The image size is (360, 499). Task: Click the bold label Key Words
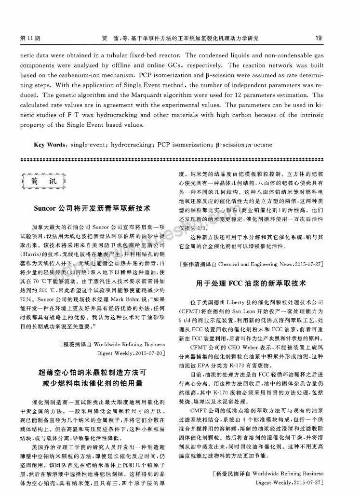tap(50, 145)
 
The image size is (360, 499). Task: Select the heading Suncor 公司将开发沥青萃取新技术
tap(92, 208)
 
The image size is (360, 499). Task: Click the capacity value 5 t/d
tap(184, 319)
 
